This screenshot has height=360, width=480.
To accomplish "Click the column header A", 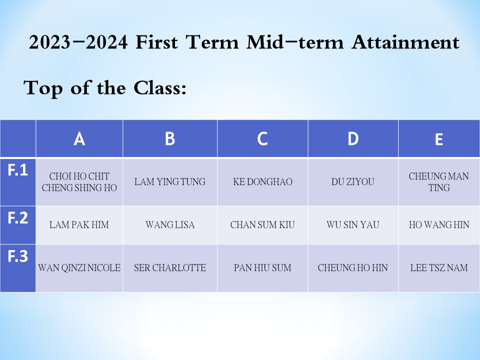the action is click(79, 139).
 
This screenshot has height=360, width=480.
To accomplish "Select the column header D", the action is click(353, 138).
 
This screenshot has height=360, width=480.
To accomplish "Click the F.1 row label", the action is click(18, 169).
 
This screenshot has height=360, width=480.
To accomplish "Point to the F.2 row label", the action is click(18, 217).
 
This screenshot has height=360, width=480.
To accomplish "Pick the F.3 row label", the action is click(18, 256).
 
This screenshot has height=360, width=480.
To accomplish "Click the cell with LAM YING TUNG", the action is click(170, 182).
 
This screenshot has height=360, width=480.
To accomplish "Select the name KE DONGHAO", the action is click(262, 182).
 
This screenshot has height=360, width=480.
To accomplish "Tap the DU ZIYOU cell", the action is click(353, 182).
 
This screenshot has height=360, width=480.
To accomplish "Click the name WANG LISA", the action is click(170, 225).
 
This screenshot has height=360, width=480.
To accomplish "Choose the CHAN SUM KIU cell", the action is click(262, 225).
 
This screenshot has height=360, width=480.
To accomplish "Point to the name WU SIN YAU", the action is click(353, 225).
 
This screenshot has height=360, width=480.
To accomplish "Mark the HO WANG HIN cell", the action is click(439, 225).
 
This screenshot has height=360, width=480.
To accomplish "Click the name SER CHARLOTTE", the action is click(170, 268).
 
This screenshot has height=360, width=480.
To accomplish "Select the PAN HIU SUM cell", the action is click(262, 268).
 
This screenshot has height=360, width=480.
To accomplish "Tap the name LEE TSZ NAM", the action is click(439, 268).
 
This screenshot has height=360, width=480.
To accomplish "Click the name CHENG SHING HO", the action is click(79, 187).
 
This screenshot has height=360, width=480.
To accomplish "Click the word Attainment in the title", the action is click(405, 42).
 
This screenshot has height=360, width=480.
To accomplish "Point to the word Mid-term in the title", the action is click(295, 42).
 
